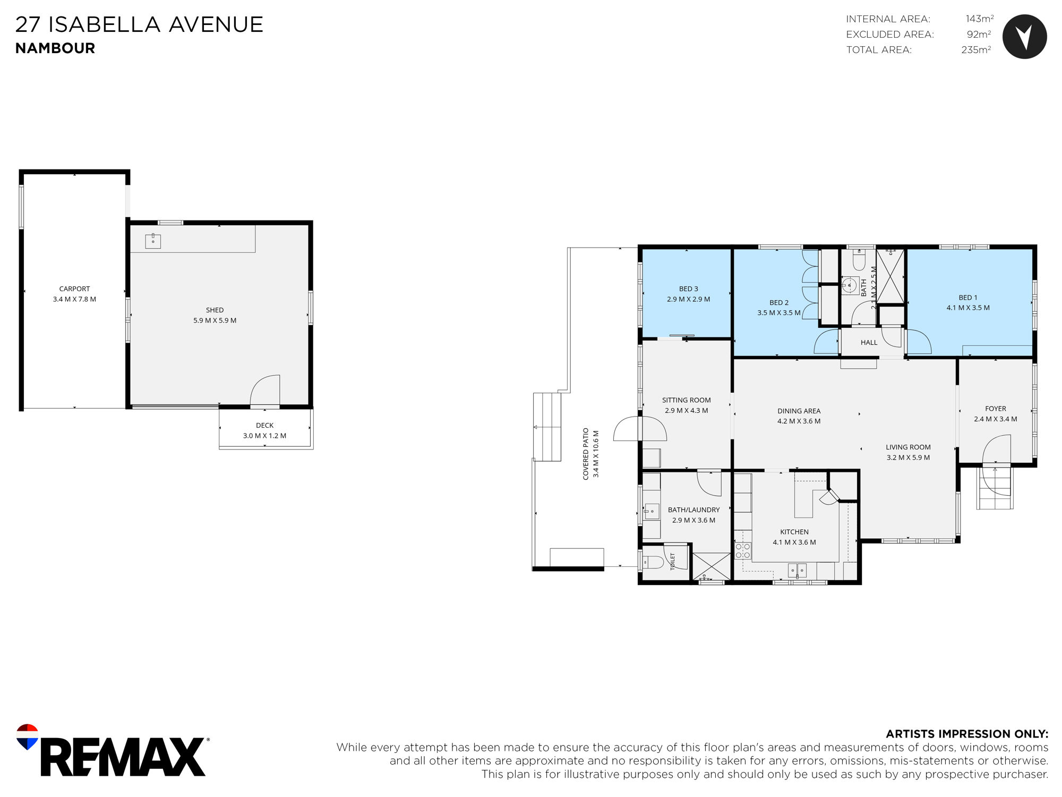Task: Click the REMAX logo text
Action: (x=123, y=757)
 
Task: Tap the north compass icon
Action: (x=1024, y=37)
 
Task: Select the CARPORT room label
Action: (x=74, y=289)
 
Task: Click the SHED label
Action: (x=215, y=310)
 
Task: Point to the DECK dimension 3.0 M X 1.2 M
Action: (x=264, y=436)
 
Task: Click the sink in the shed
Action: (x=153, y=241)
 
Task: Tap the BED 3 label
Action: (x=688, y=289)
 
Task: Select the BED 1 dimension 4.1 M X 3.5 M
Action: (x=967, y=308)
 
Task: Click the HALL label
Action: (x=869, y=343)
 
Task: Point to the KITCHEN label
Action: (x=794, y=532)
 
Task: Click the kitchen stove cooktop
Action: (x=743, y=550)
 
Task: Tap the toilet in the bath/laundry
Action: (x=654, y=562)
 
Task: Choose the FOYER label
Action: (x=995, y=409)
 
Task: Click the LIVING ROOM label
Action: (x=908, y=447)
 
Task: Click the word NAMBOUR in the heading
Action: (x=55, y=48)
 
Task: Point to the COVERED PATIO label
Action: (x=586, y=454)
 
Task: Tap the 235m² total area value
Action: (x=976, y=49)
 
